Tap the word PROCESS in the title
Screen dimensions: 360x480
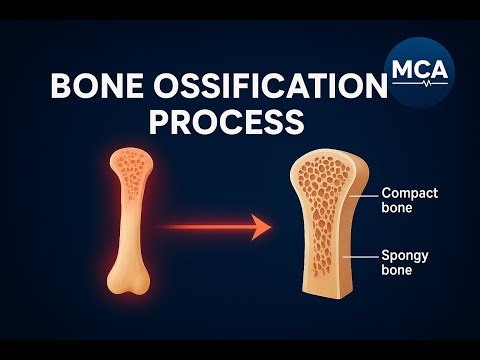pyautogui.click(x=226, y=121)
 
